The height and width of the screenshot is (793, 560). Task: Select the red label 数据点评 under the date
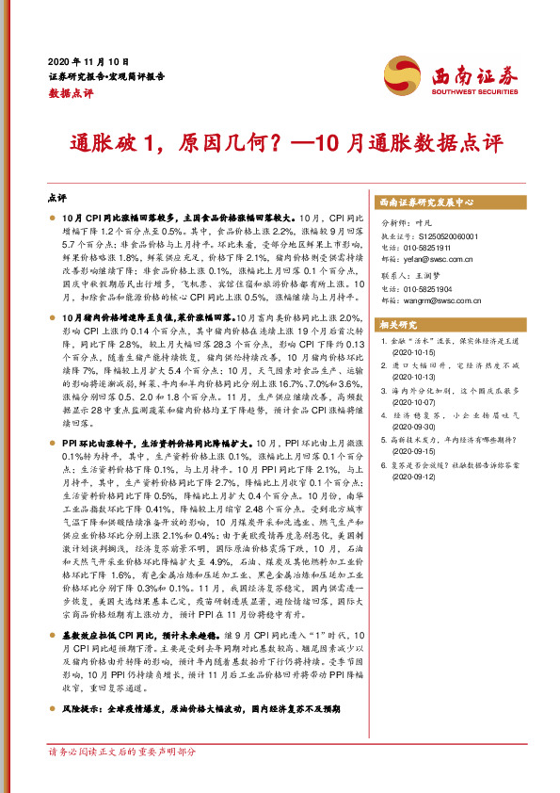pos(68,93)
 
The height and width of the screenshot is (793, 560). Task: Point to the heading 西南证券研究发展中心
pos(425,202)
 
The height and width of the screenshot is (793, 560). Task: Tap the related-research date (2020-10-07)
pos(411,404)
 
